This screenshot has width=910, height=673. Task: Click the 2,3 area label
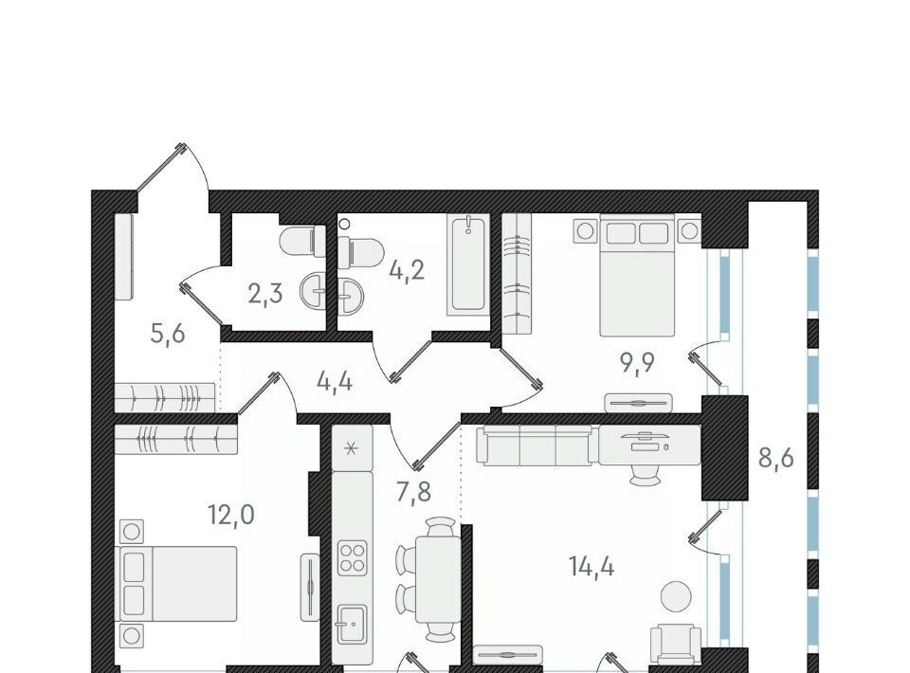[x=265, y=294]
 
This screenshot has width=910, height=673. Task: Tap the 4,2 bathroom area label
[x=407, y=270]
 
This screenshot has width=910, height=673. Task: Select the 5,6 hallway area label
[x=168, y=334]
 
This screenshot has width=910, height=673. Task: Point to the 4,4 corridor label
[x=335, y=381]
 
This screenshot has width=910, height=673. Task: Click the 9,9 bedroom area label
[x=637, y=363]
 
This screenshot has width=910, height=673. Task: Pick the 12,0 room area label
[x=231, y=515]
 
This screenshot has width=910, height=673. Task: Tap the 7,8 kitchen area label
[x=414, y=493]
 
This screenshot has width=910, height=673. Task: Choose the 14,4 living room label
[x=591, y=566]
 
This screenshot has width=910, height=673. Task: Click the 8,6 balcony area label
[x=776, y=458]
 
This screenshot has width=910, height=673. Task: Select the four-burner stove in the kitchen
[x=353, y=557]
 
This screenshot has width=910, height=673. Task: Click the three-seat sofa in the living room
[x=535, y=445]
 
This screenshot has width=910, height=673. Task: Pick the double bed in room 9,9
[x=637, y=275]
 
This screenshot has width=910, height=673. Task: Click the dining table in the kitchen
[x=439, y=579]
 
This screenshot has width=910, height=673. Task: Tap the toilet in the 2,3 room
[x=303, y=242]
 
